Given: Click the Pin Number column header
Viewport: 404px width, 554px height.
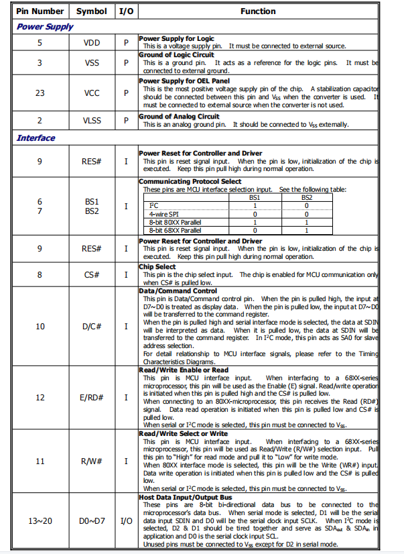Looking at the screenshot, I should pos(40,11).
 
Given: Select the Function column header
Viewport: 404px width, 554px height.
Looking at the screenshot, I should pos(258,11).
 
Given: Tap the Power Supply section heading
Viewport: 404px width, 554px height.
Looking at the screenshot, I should pos(45,27).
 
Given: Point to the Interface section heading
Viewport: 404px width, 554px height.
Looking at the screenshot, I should pos(36,138).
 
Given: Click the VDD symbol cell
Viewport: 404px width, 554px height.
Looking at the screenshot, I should pos(92,43).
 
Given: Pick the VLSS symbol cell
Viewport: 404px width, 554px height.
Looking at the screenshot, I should pos(92,121).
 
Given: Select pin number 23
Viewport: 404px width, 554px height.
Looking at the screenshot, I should pos(40,93).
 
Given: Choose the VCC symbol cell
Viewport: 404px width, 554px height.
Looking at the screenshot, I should pos(92,93).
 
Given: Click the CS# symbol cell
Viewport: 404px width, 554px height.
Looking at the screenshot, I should pos(92,274).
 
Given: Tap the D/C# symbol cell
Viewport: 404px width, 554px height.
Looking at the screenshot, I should pos(92,326).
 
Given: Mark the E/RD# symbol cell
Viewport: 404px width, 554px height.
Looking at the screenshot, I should pos(92,398).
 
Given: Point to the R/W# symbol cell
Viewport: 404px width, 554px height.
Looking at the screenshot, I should pos(92,461).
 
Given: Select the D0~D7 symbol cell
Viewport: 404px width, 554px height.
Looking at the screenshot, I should pos(92,520).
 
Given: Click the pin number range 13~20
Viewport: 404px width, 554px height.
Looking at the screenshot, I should pos(40,520).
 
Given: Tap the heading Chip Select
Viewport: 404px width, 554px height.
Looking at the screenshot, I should pos(157,266).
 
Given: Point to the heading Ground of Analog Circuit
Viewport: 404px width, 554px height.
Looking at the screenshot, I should pos(180,117).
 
